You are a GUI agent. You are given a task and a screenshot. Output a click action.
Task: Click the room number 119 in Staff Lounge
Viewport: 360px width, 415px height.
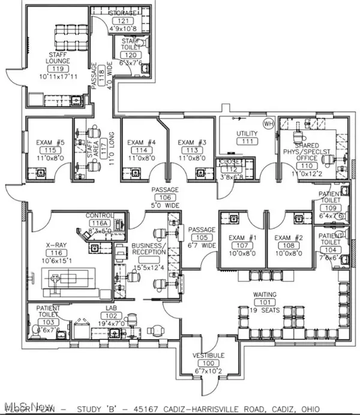click(x=60, y=68)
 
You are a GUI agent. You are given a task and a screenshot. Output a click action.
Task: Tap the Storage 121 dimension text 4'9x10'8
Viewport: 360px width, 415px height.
click(x=115, y=26)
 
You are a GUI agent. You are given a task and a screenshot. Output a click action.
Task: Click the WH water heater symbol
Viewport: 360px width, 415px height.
click(x=268, y=123)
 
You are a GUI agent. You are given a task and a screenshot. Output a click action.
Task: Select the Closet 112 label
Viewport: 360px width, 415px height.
click(x=230, y=162)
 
